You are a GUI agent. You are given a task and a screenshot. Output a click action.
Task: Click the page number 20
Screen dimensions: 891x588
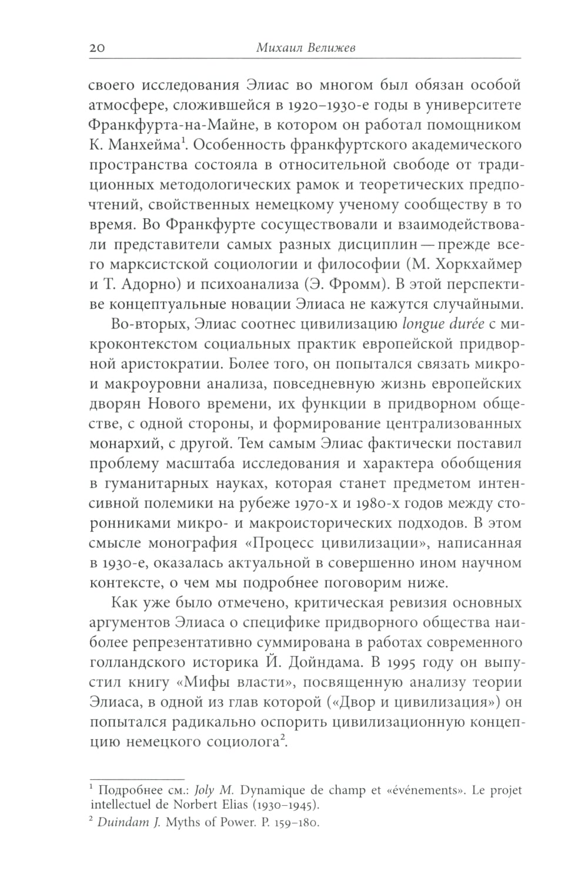(x=97, y=49)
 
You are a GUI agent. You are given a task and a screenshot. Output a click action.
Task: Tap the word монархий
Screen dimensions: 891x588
(x=126, y=444)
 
